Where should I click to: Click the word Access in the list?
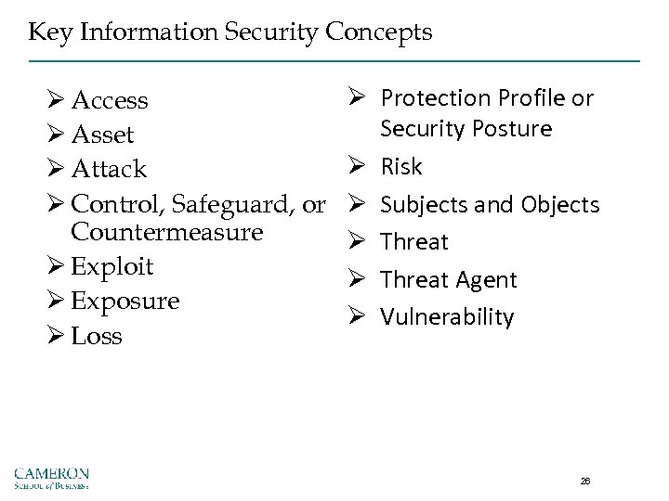click(x=110, y=100)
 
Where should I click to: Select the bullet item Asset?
click(x=102, y=135)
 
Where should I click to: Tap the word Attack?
click(x=108, y=170)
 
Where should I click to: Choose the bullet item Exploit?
click(x=111, y=267)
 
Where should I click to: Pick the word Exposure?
click(x=125, y=302)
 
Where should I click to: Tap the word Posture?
click(x=513, y=128)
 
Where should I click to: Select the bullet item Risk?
click(x=401, y=167)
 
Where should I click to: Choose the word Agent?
click(x=484, y=279)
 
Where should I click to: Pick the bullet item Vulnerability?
click(x=447, y=317)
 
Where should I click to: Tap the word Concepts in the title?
click(x=385, y=33)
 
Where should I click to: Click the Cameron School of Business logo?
click(x=52, y=474)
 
